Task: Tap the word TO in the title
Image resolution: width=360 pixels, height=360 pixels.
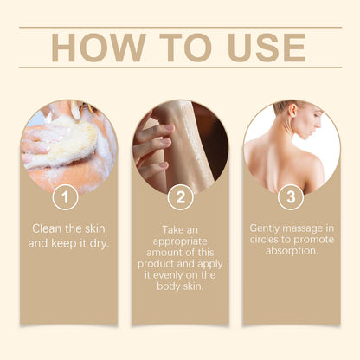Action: click(x=179, y=48)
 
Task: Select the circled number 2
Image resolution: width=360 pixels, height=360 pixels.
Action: click(x=179, y=196)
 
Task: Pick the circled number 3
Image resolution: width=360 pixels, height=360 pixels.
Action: click(x=292, y=196)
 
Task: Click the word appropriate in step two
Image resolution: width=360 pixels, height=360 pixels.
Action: click(x=181, y=245)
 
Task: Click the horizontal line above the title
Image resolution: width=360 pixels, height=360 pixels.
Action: click(x=179, y=27)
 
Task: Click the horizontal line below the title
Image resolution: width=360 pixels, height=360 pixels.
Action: click(x=179, y=67)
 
